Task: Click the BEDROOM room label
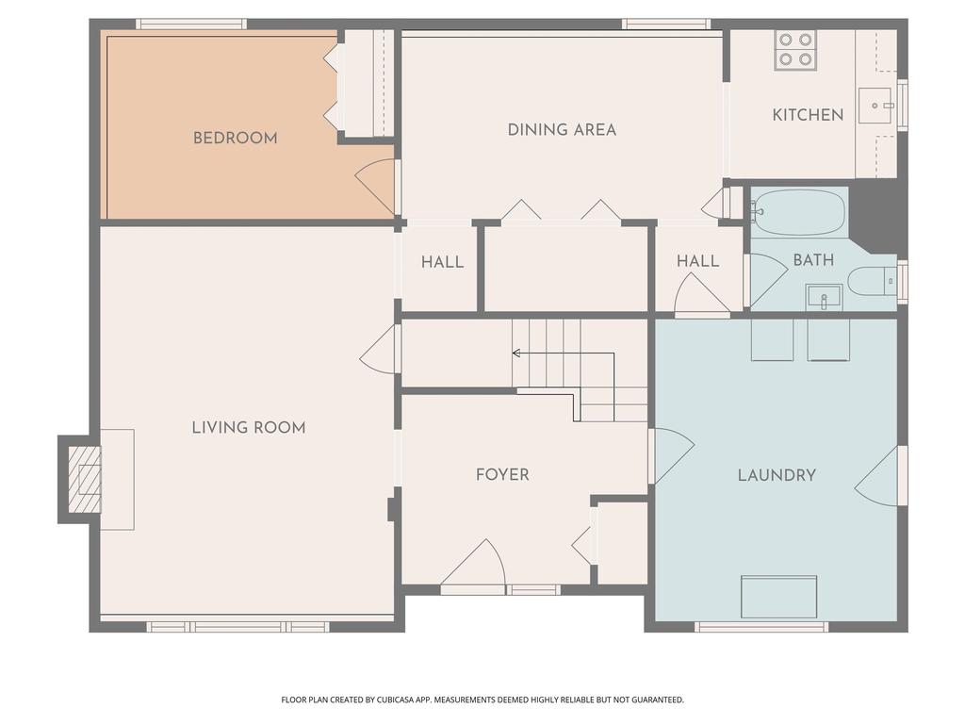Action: click(235, 138)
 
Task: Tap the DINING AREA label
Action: click(562, 129)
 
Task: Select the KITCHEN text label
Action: click(808, 115)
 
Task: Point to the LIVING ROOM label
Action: click(249, 427)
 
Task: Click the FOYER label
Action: click(502, 474)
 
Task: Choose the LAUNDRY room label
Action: click(777, 475)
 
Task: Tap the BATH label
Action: click(813, 259)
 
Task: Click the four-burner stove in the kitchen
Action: click(794, 50)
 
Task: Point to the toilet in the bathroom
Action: click(868, 281)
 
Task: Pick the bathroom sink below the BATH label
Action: click(824, 297)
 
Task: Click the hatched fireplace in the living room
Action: click(85, 479)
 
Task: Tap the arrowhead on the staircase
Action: click(515, 354)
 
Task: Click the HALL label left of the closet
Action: click(442, 261)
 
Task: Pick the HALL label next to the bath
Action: click(697, 260)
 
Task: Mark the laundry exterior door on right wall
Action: click(879, 477)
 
